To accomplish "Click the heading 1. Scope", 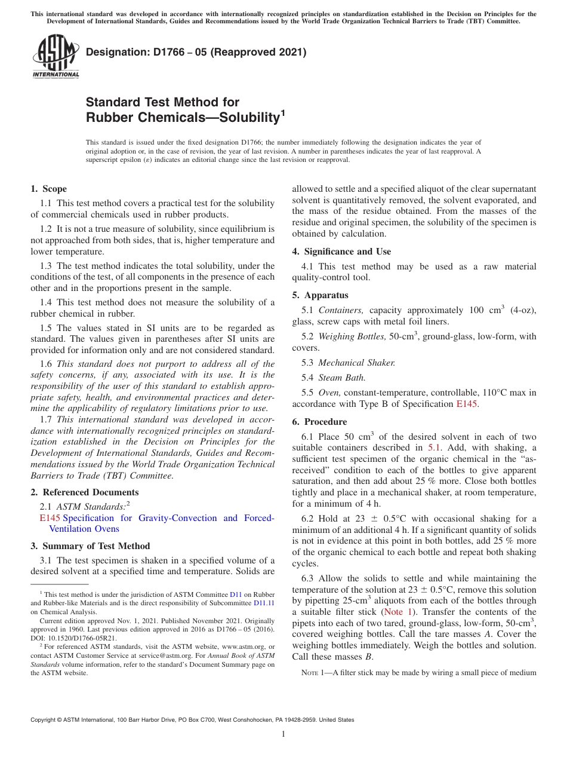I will pyautogui.click(x=48, y=189).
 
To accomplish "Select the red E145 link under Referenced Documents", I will pyautogui.click(x=50, y=518).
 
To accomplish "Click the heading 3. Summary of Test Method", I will pyautogui.click(x=90, y=546).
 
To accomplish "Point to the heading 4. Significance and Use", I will pyautogui.click(x=341, y=252).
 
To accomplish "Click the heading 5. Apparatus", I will pyautogui.click(x=320, y=295).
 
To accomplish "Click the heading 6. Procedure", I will pyautogui.click(x=319, y=421).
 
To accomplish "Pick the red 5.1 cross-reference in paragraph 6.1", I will pyautogui.click(x=434, y=447).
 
